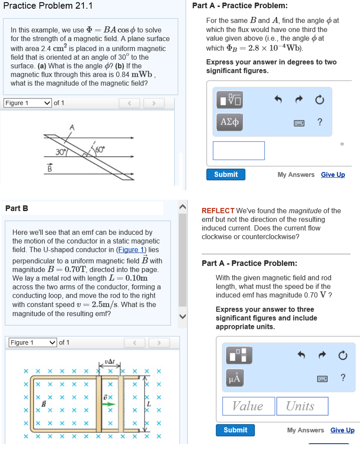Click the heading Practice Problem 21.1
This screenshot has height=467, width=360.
tap(47, 6)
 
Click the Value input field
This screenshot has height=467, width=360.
tap(248, 406)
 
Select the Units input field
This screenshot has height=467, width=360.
tap(302, 406)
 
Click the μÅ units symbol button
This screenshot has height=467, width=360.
tap(234, 378)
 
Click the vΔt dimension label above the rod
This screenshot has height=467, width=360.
tap(110, 362)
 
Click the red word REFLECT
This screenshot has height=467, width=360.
tap(218, 211)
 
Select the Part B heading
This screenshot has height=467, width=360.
tap(16, 208)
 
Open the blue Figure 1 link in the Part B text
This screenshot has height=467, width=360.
tap(131, 249)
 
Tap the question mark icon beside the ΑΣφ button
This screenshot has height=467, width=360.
tap(320, 122)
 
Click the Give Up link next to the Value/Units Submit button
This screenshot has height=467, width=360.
tap(342, 430)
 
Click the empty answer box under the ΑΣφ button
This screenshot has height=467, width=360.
tap(239, 150)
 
